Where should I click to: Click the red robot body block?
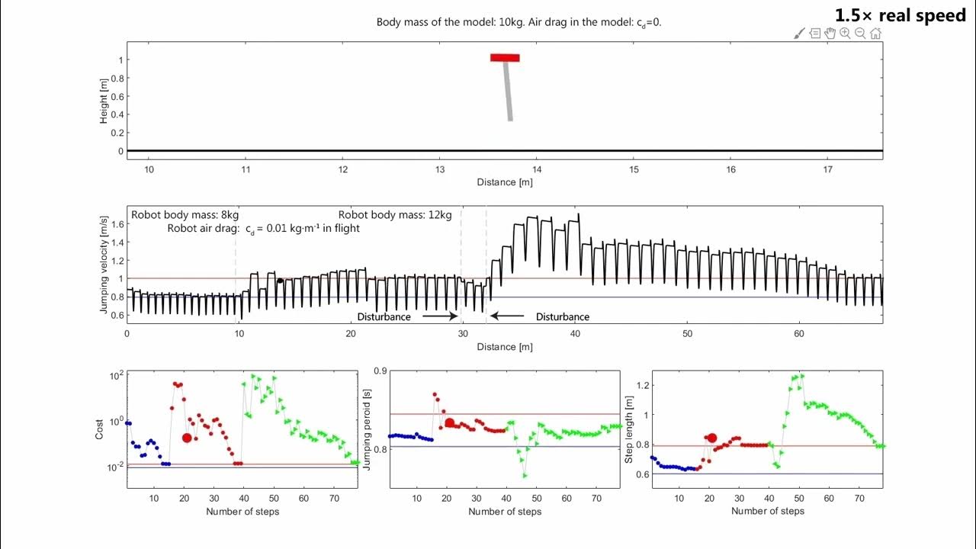point(505,58)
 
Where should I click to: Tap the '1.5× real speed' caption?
point(900,16)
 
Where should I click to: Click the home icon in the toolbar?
point(875,34)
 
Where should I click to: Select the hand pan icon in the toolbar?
point(830,34)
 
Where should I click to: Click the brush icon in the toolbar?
point(799,34)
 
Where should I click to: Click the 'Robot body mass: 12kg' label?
point(395,215)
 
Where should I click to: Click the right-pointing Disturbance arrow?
point(439,316)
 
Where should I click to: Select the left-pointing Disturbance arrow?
point(507,316)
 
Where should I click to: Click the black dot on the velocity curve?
point(280,281)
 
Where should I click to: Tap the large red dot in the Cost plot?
point(187,438)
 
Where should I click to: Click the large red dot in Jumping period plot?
point(450,423)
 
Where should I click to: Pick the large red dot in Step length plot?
point(711,438)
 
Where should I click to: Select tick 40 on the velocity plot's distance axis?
point(575,334)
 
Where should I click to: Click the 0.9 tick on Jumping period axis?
point(377,371)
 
